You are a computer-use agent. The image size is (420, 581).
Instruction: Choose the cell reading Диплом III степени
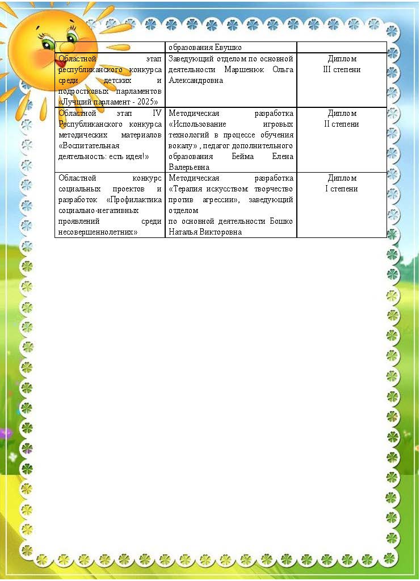coord(342,64)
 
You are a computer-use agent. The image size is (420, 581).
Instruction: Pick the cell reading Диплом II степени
coord(342,119)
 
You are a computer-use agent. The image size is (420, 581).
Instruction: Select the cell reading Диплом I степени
coord(342,183)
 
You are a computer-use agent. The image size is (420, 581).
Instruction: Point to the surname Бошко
coord(281,221)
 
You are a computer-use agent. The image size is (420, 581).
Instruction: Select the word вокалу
coord(181,145)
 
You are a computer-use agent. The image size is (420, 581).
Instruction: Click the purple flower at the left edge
coord(5,433)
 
